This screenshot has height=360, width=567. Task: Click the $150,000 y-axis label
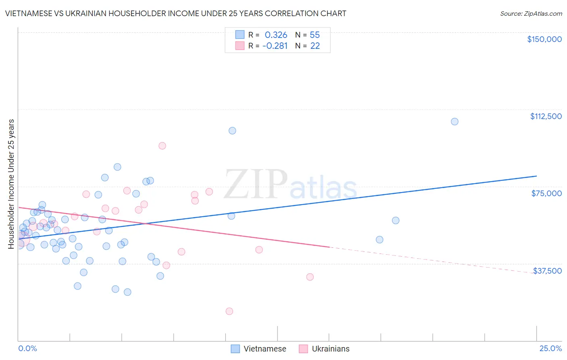click(544, 39)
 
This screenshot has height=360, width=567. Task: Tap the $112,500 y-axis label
click(546, 116)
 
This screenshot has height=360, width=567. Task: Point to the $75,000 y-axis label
click(546, 193)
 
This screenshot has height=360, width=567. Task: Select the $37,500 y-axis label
click(547, 271)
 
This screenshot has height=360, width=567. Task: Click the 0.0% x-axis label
click(27, 348)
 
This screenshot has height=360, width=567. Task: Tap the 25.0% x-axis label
click(550, 348)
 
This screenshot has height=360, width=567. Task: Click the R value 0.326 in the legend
click(276, 35)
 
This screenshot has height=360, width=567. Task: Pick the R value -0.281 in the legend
click(275, 46)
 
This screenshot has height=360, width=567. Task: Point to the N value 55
click(315, 35)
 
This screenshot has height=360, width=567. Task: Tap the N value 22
click(315, 46)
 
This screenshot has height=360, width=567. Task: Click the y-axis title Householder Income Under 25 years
click(11, 184)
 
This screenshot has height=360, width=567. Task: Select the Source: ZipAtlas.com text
click(531, 14)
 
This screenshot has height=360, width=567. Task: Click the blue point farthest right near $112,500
click(454, 121)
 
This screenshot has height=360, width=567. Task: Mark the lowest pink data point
click(229, 311)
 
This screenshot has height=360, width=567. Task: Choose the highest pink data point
click(162, 146)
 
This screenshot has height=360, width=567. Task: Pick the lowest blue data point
click(127, 292)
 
